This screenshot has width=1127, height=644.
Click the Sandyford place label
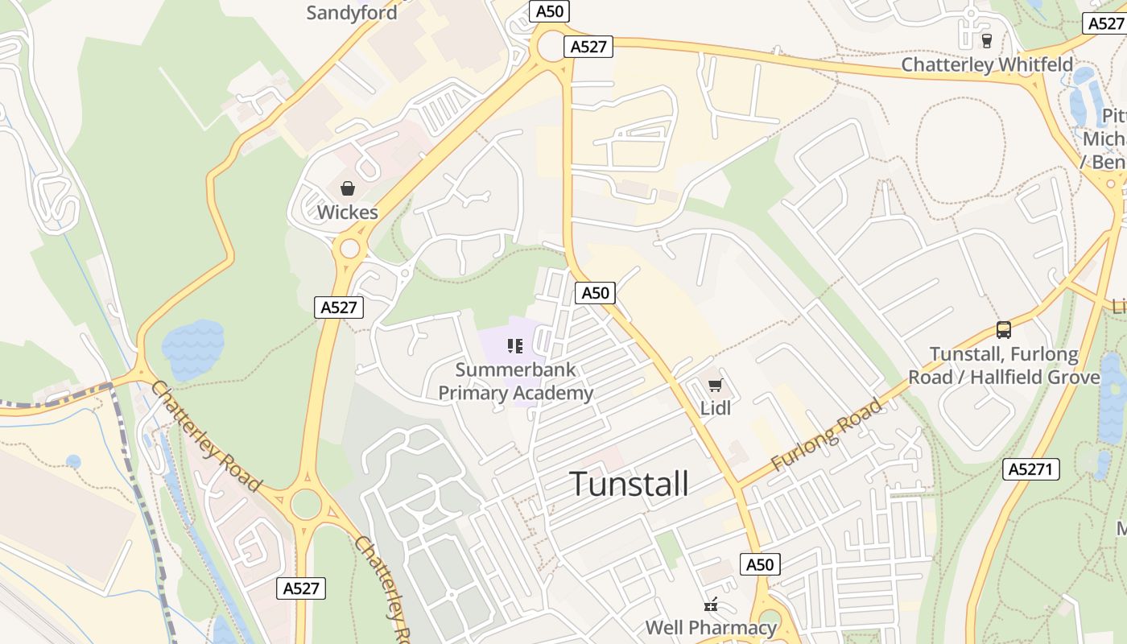coord(352,13)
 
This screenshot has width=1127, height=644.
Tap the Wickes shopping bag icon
coord(348,188)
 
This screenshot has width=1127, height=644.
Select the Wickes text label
coord(347,213)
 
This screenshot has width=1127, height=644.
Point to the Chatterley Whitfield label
coord(987,64)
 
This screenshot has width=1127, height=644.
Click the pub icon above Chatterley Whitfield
coord(987,39)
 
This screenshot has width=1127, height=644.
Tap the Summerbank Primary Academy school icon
coord(515,347)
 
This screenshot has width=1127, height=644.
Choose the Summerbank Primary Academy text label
coord(515,382)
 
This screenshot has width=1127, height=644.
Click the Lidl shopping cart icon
coord(715,385)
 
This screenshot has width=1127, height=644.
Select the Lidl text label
coord(715,408)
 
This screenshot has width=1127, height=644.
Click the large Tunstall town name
coord(629,484)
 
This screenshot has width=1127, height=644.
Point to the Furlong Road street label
coord(827,435)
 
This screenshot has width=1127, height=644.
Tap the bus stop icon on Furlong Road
coord(1003,329)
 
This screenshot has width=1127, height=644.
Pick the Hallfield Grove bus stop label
coord(1004,365)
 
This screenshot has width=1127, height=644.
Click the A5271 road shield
coord(1030,469)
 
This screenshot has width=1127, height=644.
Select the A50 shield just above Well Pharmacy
coord(759,564)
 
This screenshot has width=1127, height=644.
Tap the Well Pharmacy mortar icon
coord(711,604)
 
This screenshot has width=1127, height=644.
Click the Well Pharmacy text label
coord(711,627)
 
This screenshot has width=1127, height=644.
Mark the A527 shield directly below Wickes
coord(339,307)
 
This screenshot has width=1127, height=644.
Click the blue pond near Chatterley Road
coord(192,349)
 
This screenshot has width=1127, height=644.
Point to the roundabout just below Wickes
coord(349,248)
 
